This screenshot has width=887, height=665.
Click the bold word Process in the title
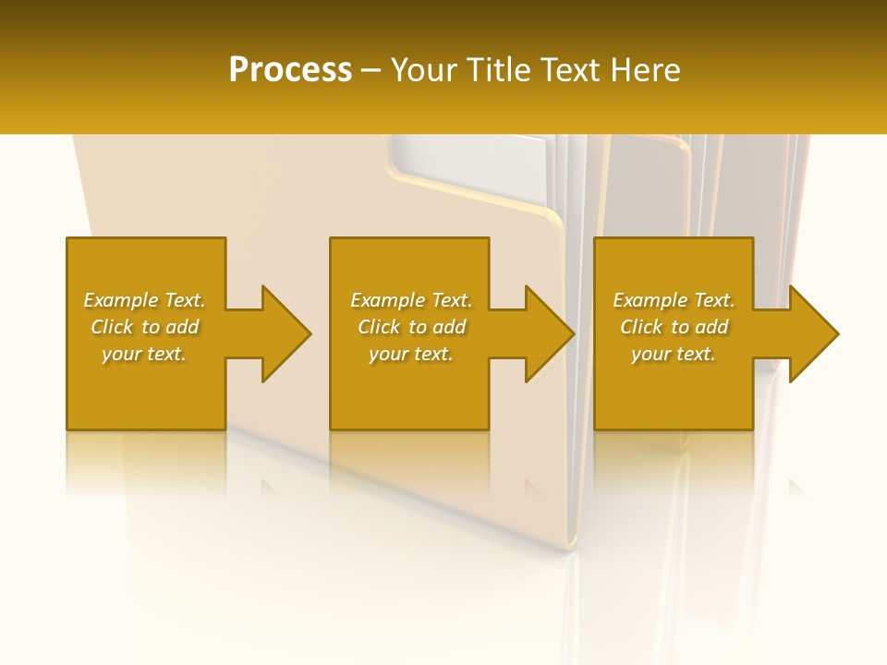pyautogui.click(x=290, y=70)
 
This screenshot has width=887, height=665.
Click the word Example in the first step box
pyautogui.click(x=120, y=300)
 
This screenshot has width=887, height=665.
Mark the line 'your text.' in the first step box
pyautogui.click(x=144, y=354)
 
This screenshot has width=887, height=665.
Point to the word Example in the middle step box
pyautogui.click(x=387, y=300)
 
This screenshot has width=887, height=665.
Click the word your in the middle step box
pyautogui.click(x=388, y=354)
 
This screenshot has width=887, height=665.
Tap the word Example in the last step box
pyautogui.click(x=650, y=300)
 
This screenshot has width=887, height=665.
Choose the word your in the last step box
pyautogui.click(x=650, y=354)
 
